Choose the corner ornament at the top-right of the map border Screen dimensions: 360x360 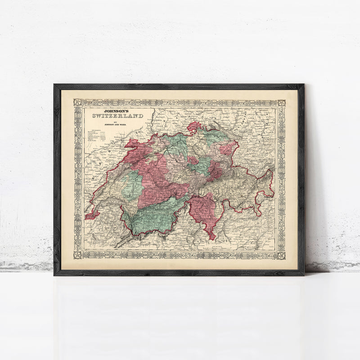point(281,103)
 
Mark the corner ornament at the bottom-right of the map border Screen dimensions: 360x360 point(281,255)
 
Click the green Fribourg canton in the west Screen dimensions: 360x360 point(131,184)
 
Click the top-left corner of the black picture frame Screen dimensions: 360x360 point(54,85)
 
